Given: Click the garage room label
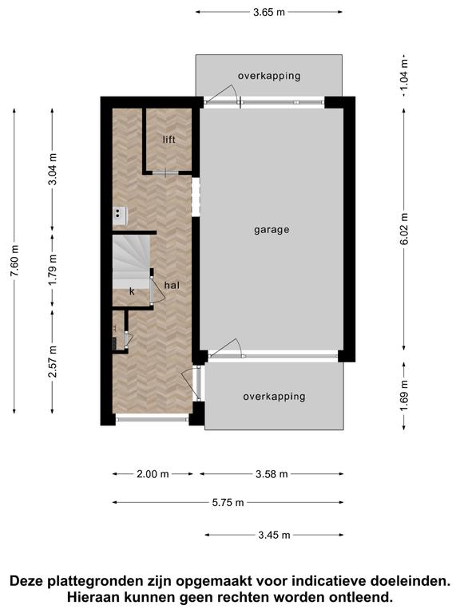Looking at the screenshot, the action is click(272, 230).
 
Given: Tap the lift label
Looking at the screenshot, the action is click(169, 140).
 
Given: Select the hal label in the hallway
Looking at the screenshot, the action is click(172, 285).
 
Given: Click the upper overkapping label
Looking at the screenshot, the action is click(269, 76).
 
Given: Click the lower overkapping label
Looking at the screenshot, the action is click(274, 397).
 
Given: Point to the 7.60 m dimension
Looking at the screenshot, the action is click(14, 261).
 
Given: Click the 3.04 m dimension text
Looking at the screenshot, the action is click(53, 169).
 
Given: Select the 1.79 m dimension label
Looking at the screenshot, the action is click(53, 270).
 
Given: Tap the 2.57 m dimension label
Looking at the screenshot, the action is click(53, 362).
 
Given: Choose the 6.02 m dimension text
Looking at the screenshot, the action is click(404, 229).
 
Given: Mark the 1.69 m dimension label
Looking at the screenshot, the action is click(404, 395).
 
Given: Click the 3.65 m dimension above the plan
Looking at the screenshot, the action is click(269, 12).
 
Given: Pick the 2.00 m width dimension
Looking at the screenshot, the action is click(153, 474).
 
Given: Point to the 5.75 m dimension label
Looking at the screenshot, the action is click(228, 502).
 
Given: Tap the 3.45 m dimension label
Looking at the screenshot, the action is click(274, 535).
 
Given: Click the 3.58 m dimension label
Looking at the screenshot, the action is click(272, 474).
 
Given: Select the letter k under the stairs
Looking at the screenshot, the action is click(132, 291).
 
